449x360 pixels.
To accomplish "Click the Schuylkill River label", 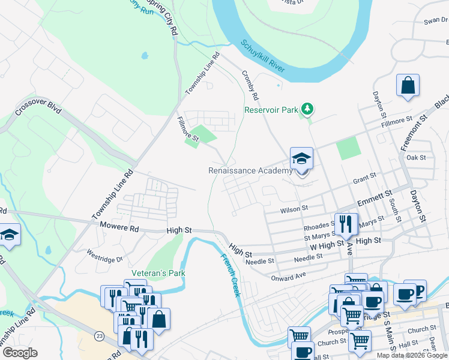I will [262, 56].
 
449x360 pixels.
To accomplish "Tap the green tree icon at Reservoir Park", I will [307, 109].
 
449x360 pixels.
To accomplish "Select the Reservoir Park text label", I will [271, 110].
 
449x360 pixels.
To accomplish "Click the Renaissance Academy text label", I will [250, 170].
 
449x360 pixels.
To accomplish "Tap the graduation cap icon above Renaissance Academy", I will [301, 159].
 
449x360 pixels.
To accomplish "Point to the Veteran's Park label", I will [160, 273].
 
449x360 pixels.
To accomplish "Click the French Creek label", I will [230, 275].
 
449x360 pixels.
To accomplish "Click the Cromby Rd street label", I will [250, 85].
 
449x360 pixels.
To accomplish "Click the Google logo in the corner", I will [20, 353].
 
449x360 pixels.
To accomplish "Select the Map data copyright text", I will [411, 355].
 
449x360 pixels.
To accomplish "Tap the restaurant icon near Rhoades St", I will [346, 224].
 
